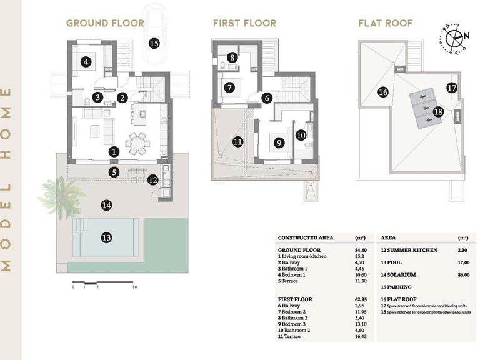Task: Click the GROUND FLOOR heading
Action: point(105,24)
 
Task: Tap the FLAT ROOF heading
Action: point(385,24)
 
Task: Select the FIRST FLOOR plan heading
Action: point(244,24)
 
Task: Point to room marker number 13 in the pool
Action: point(106,237)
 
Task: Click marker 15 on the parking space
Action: point(154,43)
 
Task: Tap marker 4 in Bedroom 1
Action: point(86,61)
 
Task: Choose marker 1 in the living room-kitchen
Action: point(113,151)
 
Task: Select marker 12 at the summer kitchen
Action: point(153,180)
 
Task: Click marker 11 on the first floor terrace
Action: point(237,142)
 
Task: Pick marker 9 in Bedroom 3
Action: point(279,142)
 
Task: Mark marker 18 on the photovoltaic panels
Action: point(437,112)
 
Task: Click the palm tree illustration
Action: point(60,191)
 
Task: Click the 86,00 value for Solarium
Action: point(463,274)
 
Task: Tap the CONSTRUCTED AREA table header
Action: point(306,238)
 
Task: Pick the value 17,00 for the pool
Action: point(463,262)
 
